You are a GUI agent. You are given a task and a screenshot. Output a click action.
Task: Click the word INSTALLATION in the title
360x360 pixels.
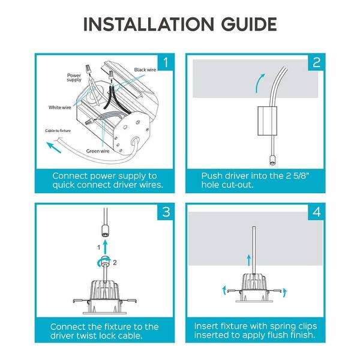pyautogui.click(x=148, y=24)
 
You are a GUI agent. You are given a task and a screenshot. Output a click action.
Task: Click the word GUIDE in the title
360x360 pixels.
pyautogui.click(x=249, y=24)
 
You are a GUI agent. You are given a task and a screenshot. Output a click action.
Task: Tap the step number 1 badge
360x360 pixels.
pyautogui.click(x=166, y=62)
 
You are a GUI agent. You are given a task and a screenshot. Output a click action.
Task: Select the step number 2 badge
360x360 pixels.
pyautogui.click(x=316, y=62)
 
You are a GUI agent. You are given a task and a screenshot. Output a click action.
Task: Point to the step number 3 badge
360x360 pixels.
pyautogui.click(x=166, y=212)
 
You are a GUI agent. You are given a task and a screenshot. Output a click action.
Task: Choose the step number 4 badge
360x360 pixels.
pyautogui.click(x=316, y=212)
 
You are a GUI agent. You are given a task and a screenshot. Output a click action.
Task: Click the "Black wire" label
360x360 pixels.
pyautogui.click(x=145, y=70)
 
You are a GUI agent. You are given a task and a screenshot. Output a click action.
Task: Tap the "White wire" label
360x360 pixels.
pyautogui.click(x=59, y=107)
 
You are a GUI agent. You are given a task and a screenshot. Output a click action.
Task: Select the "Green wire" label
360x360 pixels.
pyautogui.click(x=98, y=151)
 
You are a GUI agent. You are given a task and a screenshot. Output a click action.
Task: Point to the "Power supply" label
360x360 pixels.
pyautogui.click(x=74, y=77)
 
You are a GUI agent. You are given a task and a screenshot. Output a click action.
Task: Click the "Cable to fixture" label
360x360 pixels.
pyautogui.click(x=58, y=131)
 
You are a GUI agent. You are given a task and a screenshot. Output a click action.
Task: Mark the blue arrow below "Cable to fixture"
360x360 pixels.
pyautogui.click(x=54, y=148)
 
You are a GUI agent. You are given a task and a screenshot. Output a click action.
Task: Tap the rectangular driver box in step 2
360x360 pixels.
pyautogui.click(x=267, y=121)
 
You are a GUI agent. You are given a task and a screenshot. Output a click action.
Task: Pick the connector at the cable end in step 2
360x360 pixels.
pyautogui.click(x=272, y=160)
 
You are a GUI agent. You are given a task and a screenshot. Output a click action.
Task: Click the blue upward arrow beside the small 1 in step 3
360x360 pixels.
pyautogui.click(x=105, y=247)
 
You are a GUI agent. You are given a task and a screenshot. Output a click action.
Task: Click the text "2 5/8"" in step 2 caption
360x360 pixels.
pyautogui.click(x=298, y=176)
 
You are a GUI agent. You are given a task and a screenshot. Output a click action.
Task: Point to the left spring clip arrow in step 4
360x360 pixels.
pyautogui.click(x=224, y=290)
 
